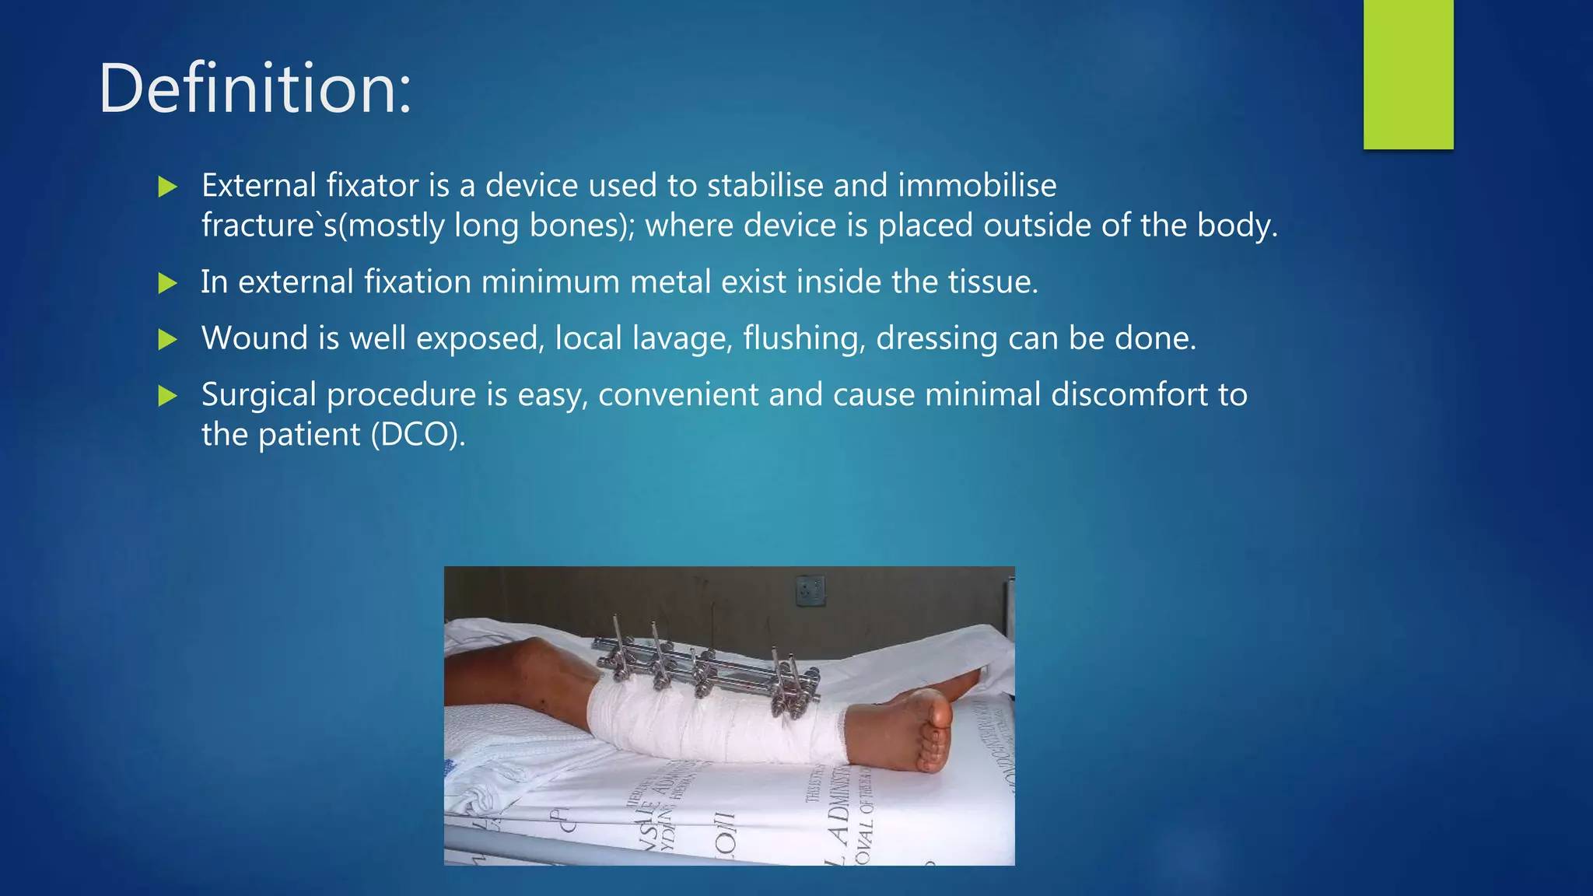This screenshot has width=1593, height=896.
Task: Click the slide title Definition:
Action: click(x=254, y=88)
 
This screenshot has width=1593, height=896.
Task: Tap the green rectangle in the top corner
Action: click(x=1408, y=74)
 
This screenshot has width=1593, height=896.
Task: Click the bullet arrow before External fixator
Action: click(x=167, y=187)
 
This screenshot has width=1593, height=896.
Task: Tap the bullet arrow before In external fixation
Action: click(x=167, y=283)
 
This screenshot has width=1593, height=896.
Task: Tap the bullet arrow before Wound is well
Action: click(x=167, y=340)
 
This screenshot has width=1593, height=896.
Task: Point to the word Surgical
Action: click(x=259, y=395)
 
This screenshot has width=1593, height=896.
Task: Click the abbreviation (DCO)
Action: click(x=418, y=435)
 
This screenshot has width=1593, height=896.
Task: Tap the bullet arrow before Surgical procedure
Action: click(x=167, y=397)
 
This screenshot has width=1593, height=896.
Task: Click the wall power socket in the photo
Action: click(x=810, y=591)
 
